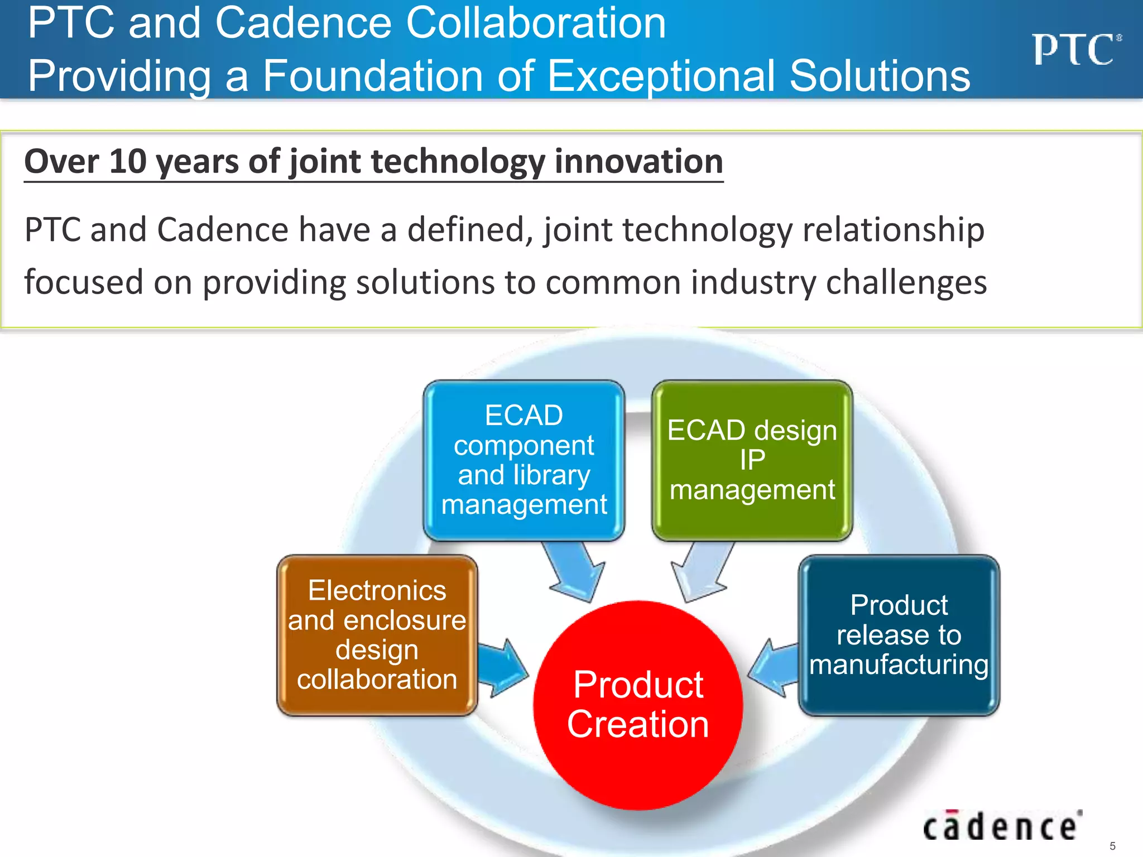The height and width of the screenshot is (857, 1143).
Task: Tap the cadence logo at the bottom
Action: coord(1002,826)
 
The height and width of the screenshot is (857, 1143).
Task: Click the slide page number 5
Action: coord(1112,846)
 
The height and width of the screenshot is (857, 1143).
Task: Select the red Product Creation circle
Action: coord(638,705)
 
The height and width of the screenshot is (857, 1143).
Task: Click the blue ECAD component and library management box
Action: coord(524,460)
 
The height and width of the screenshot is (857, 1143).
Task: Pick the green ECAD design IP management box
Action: coord(752,460)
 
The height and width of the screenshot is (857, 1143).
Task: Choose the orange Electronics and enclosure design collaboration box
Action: coord(377,635)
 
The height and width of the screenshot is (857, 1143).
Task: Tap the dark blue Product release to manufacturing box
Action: coord(899,635)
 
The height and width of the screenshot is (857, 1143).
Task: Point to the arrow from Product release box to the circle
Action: coord(774,668)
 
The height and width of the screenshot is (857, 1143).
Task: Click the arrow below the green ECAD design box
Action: coord(701,572)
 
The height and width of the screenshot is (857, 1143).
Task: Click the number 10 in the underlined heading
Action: coord(127,162)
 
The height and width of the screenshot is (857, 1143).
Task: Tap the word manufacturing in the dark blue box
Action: coord(899,665)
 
